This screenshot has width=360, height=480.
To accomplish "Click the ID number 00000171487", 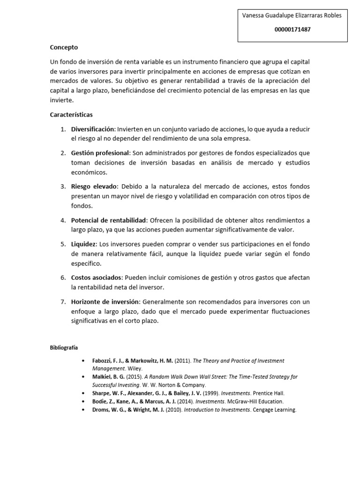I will [292, 29].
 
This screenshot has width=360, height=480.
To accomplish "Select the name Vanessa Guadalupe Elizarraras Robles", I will [292, 15].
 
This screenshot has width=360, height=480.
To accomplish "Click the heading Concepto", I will [64, 47].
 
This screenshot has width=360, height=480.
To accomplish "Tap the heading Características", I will [71, 114].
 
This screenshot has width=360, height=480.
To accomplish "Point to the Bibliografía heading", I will [64, 348].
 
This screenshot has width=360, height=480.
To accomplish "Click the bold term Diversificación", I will [92, 129].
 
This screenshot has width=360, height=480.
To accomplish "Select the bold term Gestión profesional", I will [100, 153].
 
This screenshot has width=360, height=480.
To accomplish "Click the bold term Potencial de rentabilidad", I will [109, 220].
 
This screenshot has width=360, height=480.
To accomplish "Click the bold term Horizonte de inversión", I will [105, 302].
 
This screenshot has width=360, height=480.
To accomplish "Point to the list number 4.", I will [63, 220].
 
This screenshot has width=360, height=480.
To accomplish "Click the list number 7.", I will [63, 302].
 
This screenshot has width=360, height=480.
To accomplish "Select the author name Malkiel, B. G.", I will [109, 377].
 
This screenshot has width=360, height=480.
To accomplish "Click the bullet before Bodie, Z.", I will [83, 402].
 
